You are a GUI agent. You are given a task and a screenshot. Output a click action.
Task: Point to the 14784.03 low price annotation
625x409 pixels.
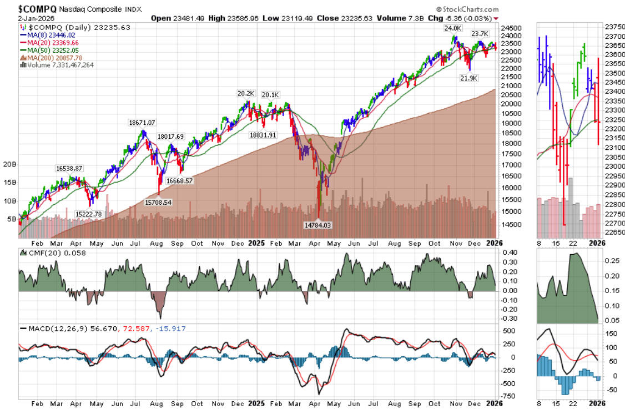pyautogui.click(x=318, y=225)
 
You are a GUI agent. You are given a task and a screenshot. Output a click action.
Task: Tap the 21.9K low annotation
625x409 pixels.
pyautogui.click(x=469, y=78)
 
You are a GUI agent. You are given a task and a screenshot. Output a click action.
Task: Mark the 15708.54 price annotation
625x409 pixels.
pyautogui.click(x=158, y=203)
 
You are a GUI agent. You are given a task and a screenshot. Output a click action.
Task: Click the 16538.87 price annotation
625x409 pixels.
pyautogui.click(x=69, y=168)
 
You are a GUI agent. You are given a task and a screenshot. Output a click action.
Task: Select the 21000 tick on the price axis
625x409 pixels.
pyautogui.click(x=511, y=86)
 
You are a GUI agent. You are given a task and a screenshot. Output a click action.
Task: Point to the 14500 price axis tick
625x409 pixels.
pyautogui.click(x=511, y=225)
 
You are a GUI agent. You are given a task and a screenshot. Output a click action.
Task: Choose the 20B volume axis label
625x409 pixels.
pyautogui.click(x=10, y=165)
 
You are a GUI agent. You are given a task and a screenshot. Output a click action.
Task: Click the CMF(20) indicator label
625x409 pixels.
pyautogui.click(x=43, y=253)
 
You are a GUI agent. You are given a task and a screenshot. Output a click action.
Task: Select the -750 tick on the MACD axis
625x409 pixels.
pyautogui.click(x=507, y=396)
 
